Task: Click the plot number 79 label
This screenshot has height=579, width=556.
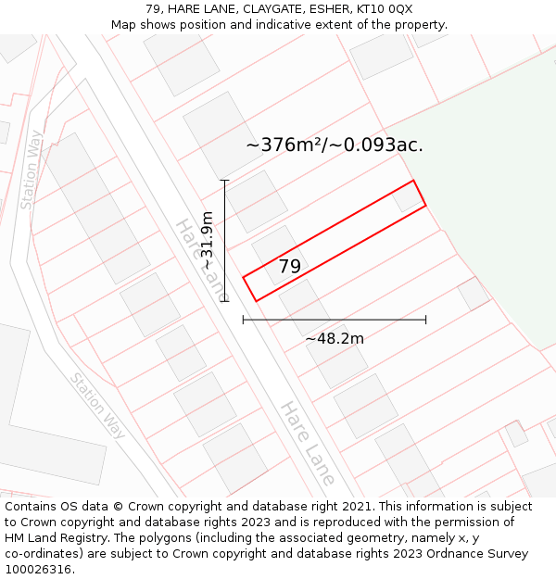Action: pyautogui.click(x=290, y=267)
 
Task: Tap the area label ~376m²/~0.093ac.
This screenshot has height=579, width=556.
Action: pyautogui.click(x=335, y=145)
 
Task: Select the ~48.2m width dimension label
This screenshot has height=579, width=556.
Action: pyautogui.click(x=335, y=338)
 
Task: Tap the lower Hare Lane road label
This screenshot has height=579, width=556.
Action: pyautogui.click(x=308, y=443)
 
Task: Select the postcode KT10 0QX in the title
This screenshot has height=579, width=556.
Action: pyautogui.click(x=383, y=9)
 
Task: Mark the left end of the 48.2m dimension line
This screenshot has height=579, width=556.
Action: pyautogui.click(x=243, y=320)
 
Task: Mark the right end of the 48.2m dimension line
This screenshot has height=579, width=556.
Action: pyautogui.click(x=426, y=320)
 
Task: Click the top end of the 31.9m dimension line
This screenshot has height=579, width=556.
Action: pyautogui.click(x=224, y=180)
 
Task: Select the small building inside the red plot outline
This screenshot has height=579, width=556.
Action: pyautogui.click(x=407, y=196)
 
